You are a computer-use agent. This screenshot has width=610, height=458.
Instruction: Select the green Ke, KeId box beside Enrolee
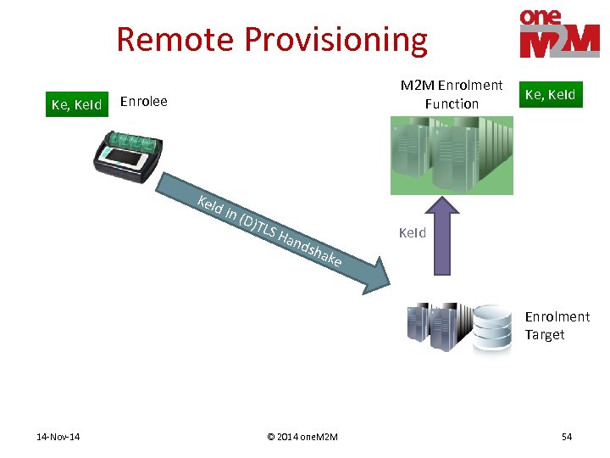coord(76,104)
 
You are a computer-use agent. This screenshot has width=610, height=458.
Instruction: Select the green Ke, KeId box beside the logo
coord(551,94)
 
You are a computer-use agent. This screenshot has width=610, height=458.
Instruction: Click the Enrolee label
coord(144,102)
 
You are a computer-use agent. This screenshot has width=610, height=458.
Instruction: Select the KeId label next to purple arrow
coord(413,232)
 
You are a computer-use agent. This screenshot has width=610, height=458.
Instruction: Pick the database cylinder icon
coord(491,328)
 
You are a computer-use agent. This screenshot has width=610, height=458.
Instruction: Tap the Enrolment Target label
coord(556,326)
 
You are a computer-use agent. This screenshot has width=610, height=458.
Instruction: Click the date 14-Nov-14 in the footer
coord(58,437)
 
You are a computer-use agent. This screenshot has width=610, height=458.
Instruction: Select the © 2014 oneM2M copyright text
coord(302,437)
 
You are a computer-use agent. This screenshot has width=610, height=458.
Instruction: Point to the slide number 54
coord(567,437)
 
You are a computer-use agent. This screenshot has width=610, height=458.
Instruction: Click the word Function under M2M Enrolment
coord(452,103)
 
